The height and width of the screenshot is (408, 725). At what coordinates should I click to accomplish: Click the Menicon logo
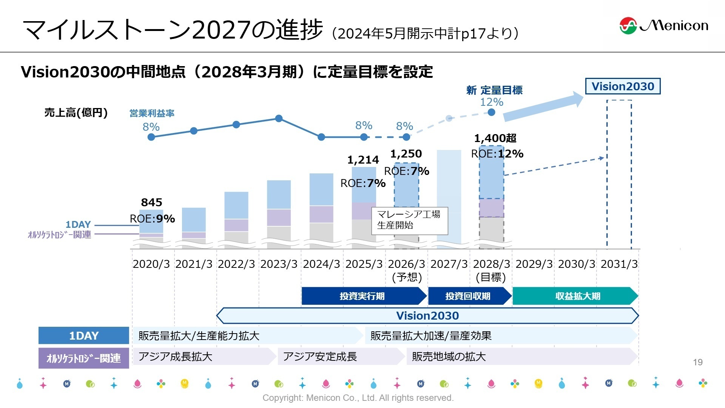(x=663, y=25)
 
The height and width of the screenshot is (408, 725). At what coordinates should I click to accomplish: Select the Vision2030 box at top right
(x=622, y=86)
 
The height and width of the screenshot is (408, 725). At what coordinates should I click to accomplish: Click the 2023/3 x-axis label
(x=279, y=264)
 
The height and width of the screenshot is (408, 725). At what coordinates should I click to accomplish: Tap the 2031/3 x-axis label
(x=619, y=264)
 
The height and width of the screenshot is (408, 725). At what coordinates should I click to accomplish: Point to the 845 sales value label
(x=151, y=202)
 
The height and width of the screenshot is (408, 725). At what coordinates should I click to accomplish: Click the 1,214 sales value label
(x=363, y=160)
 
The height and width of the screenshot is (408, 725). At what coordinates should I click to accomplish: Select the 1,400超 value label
(x=495, y=138)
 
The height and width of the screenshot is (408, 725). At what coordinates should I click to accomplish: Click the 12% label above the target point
(x=491, y=102)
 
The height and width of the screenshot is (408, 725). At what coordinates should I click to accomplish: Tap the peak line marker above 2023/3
(x=279, y=119)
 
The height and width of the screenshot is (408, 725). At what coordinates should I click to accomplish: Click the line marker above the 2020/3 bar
(x=151, y=137)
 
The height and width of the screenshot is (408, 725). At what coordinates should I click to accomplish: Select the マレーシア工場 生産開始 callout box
(x=409, y=220)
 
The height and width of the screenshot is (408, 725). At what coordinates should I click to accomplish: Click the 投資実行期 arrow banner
(x=363, y=296)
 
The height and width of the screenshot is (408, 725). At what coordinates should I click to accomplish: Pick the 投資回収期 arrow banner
(x=468, y=296)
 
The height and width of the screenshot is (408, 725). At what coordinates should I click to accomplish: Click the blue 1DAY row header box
(x=83, y=335)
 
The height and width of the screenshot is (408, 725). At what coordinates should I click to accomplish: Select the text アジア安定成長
(x=319, y=356)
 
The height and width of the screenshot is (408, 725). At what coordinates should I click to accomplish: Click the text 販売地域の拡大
(x=448, y=356)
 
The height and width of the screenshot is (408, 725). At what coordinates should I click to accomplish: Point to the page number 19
(x=697, y=362)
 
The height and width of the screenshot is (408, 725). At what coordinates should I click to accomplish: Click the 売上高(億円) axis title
(x=76, y=113)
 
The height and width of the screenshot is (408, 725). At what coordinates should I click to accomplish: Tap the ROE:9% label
(x=152, y=219)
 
